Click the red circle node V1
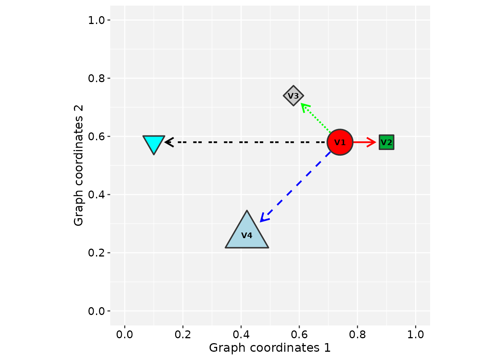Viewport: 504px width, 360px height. [x=340, y=142]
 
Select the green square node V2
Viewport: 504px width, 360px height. [x=386, y=142]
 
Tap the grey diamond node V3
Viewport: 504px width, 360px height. [x=293, y=96]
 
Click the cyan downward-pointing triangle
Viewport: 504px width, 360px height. [x=154, y=142]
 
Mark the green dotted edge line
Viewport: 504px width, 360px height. [x=317, y=119]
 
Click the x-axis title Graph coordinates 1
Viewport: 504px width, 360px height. [x=270, y=348]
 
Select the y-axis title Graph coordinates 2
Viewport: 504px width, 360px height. [x=78, y=165]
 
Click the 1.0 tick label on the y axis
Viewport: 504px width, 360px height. [x=96, y=20]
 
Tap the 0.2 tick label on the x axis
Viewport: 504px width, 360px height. [x=183, y=334]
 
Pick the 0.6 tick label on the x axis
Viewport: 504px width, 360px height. [x=299, y=334]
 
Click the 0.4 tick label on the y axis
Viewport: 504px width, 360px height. [x=96, y=195]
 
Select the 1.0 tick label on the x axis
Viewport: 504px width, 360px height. [x=415, y=334]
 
